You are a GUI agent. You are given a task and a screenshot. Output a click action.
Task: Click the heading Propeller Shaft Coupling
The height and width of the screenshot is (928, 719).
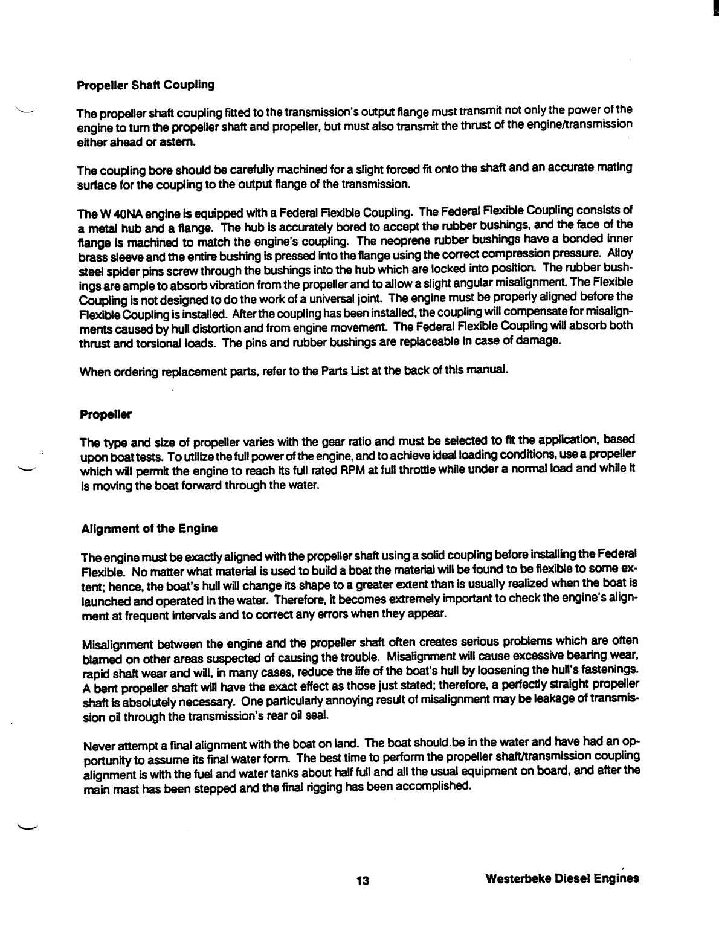point(145,85)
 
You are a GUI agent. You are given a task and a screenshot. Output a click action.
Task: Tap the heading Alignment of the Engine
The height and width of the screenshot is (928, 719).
point(149,529)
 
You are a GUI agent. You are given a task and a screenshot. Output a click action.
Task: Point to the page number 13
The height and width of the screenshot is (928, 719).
point(362,880)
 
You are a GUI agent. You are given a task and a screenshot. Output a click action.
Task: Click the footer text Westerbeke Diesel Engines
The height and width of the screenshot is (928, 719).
point(562,879)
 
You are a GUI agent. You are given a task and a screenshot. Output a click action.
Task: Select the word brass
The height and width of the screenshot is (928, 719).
point(92,255)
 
